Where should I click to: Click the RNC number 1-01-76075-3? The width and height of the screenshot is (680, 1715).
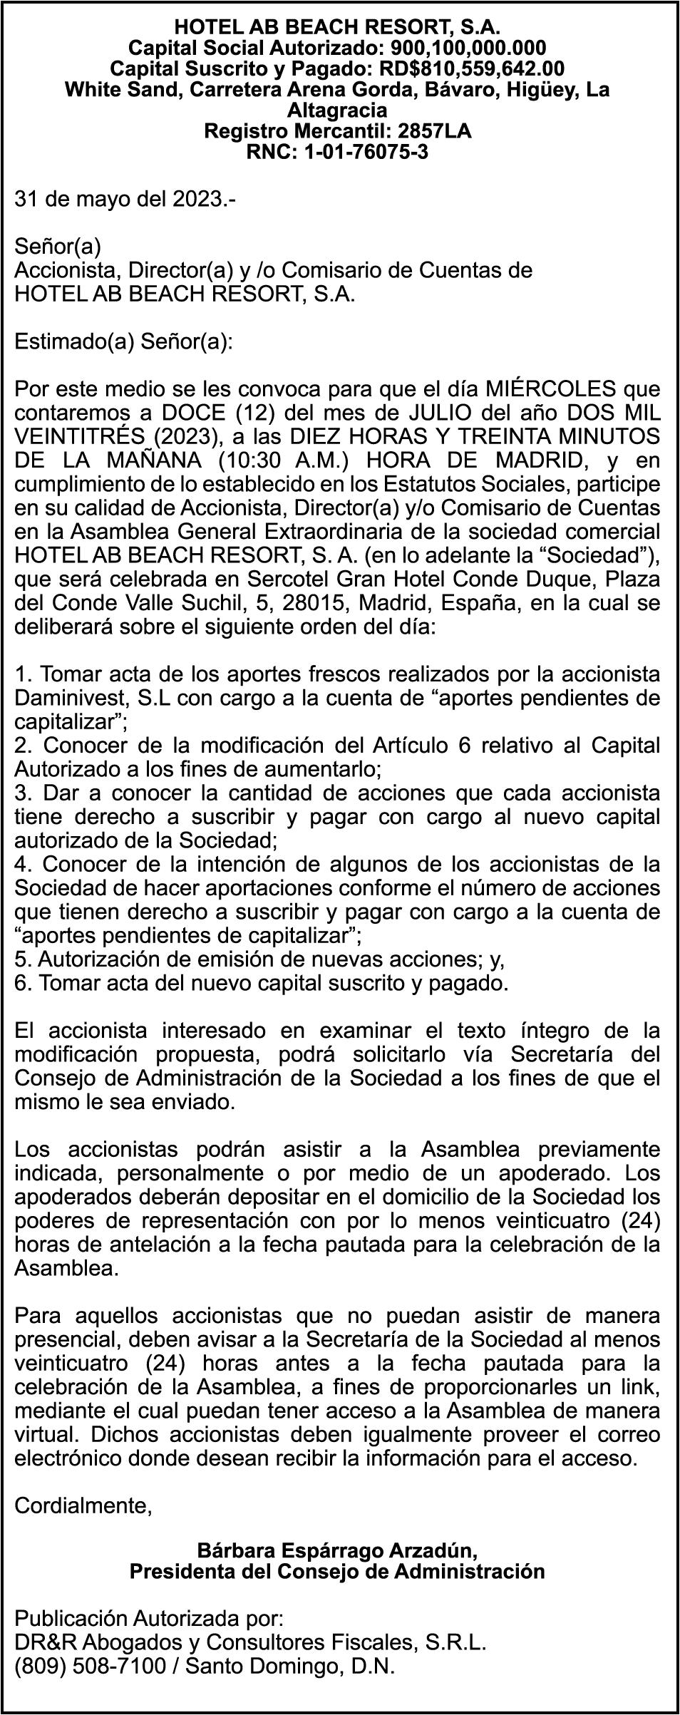[x=366, y=152]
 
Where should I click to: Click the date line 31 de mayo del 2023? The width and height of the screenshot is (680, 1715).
[x=125, y=199]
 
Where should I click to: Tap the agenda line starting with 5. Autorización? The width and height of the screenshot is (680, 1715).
[x=259, y=959]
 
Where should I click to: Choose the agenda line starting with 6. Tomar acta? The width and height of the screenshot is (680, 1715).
[x=262, y=984]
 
